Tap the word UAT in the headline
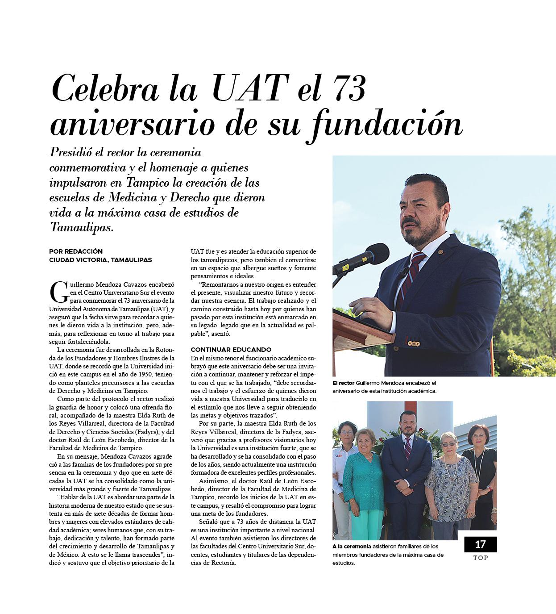(249, 88)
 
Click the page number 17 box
(480, 544)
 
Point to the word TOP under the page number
(481, 558)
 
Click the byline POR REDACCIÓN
(76, 251)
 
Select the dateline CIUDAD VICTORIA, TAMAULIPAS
(100, 260)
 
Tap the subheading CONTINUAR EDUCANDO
(231, 350)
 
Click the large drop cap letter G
(59, 292)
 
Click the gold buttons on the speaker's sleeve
(414, 343)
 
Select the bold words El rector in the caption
(343, 383)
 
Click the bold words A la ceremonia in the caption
(351, 547)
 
